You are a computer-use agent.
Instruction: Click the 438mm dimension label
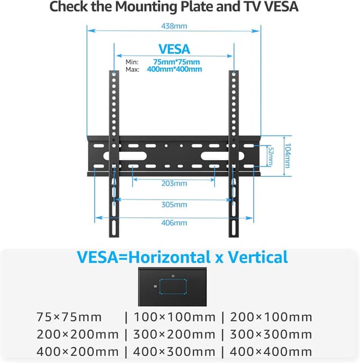point(174,26)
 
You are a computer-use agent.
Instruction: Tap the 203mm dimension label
point(174,184)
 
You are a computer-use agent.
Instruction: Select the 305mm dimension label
point(174,205)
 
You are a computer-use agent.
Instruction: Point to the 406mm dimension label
point(174,223)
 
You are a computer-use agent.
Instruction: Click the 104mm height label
point(287,155)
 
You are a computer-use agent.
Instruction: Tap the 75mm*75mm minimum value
point(177,62)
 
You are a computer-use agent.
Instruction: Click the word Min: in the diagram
point(132,62)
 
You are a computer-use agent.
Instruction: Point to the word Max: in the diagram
point(132,69)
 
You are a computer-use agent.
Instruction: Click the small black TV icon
point(173,286)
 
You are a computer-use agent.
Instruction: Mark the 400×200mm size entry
point(78,352)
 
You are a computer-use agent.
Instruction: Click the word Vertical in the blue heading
point(253,257)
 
